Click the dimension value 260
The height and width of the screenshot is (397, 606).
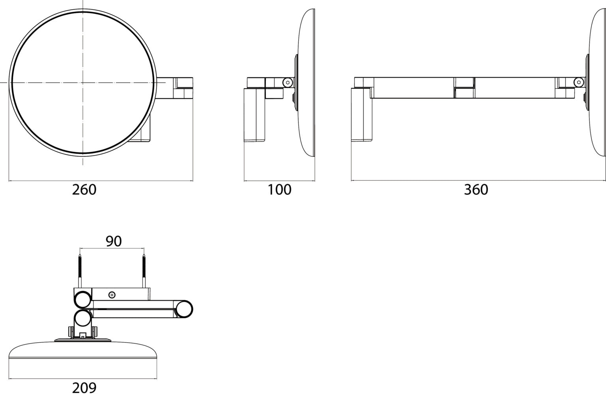[84, 190]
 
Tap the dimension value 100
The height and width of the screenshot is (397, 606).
[279, 190]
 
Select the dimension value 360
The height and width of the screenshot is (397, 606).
[476, 190]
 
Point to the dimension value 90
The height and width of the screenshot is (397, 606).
[114, 241]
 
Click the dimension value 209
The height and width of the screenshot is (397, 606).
[84, 388]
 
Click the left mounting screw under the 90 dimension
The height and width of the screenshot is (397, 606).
[80, 271]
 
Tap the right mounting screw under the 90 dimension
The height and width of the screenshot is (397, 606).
[144, 271]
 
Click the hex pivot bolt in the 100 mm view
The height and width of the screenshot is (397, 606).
[288, 82]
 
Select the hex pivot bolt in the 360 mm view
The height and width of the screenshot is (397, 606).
[579, 82]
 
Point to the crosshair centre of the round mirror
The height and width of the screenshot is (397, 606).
[83, 82]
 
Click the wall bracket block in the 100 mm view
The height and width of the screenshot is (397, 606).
[255, 115]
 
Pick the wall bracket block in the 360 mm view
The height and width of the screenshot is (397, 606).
[362, 115]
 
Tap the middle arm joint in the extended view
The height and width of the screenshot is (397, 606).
[464, 87]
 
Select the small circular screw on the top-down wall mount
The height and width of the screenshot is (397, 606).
[112, 295]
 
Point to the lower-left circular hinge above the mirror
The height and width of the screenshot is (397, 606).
[83, 319]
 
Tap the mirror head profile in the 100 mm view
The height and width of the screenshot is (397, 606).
[307, 83]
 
